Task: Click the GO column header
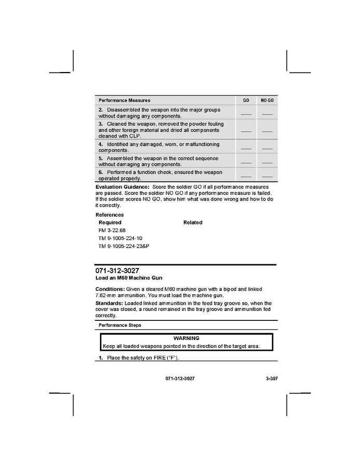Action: coord(246,100)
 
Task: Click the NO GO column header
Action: coord(267,100)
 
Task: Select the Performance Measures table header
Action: coord(124,100)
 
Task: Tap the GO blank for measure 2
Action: coord(246,114)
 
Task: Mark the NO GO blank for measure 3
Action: coord(267,131)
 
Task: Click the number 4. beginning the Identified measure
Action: coord(100,144)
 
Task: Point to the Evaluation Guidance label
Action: coord(123,187)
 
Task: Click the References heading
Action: coord(110,215)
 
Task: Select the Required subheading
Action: coord(110,222)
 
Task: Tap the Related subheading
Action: coord(193,222)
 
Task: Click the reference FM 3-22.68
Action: coord(112,230)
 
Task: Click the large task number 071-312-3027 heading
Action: coord(117,271)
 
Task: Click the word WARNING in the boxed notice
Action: coord(186,338)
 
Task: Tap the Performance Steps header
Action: coord(120,325)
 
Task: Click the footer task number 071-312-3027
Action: coord(180,379)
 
